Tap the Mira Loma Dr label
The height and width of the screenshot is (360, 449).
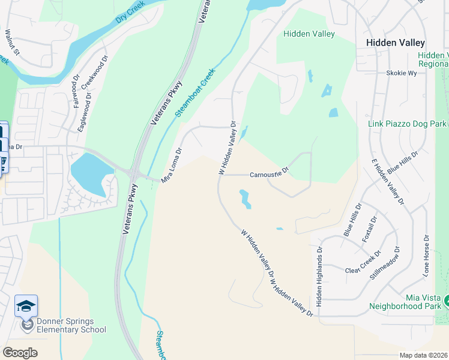coord(172,166)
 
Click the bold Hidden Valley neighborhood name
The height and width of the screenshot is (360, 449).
coord(396,43)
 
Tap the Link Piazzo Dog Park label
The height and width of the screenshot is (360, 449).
coord(407,124)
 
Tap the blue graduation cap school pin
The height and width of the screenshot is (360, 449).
coord(26,306)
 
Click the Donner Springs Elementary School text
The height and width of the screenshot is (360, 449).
coord(71,325)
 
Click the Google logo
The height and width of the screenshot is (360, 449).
coord(19,352)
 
